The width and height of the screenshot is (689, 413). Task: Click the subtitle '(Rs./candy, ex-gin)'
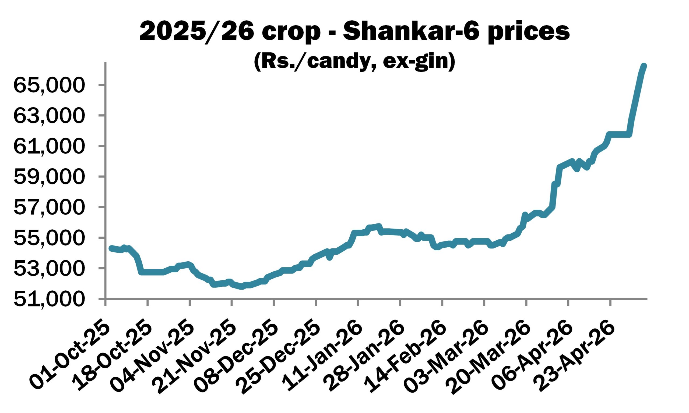tap(354, 62)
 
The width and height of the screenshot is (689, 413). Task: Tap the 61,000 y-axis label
tap(49, 146)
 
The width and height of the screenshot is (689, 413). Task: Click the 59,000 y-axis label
tap(49, 177)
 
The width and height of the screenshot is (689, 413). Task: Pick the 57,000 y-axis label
tap(49, 207)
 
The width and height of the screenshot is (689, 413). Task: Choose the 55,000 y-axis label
tap(49, 238)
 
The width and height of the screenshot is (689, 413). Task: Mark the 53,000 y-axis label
tap(49, 269)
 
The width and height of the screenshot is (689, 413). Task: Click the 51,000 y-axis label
tap(49, 299)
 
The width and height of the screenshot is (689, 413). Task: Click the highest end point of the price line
tap(644, 66)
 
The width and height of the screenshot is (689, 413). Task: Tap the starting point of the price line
tap(111, 248)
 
